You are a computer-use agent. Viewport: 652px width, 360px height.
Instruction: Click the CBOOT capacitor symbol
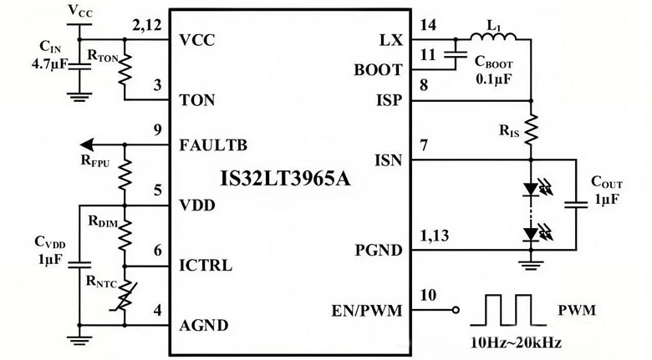point(453,55)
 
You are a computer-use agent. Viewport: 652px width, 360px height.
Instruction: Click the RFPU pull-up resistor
point(125,176)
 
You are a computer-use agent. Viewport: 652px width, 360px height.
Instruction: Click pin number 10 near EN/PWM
point(427,295)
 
